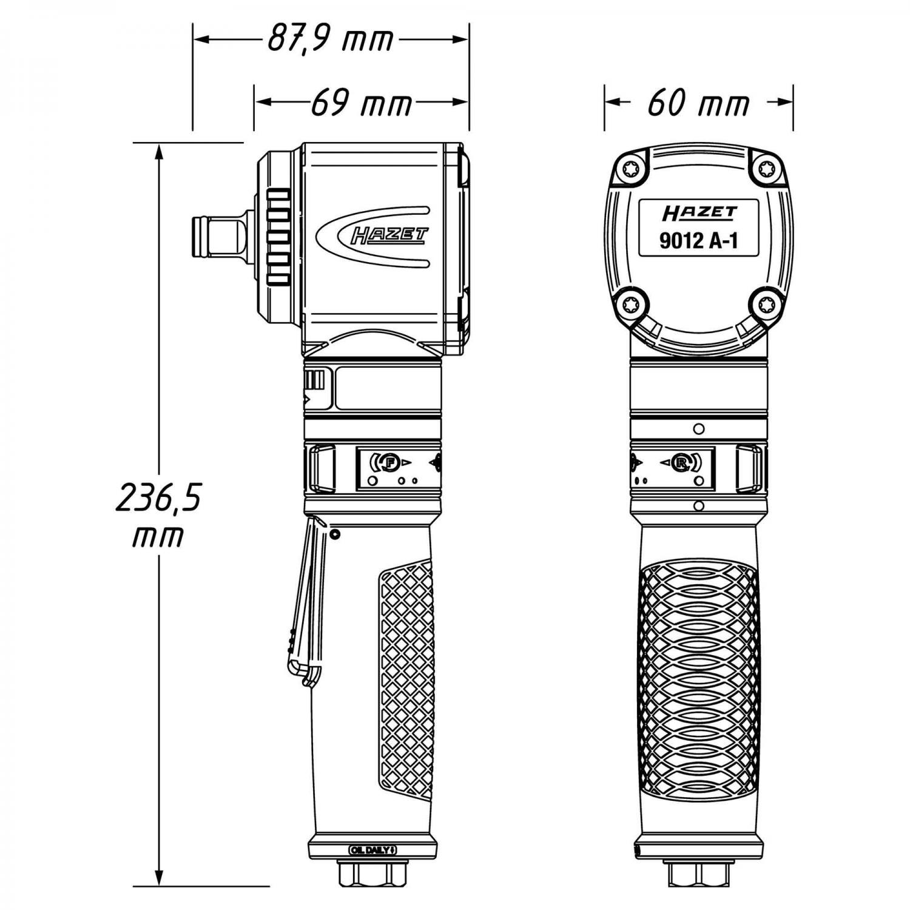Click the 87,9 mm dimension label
pyautogui.click(x=331, y=40)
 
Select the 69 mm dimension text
pyautogui.click(x=362, y=104)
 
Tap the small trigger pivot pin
pyautogui.click(x=334, y=533)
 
